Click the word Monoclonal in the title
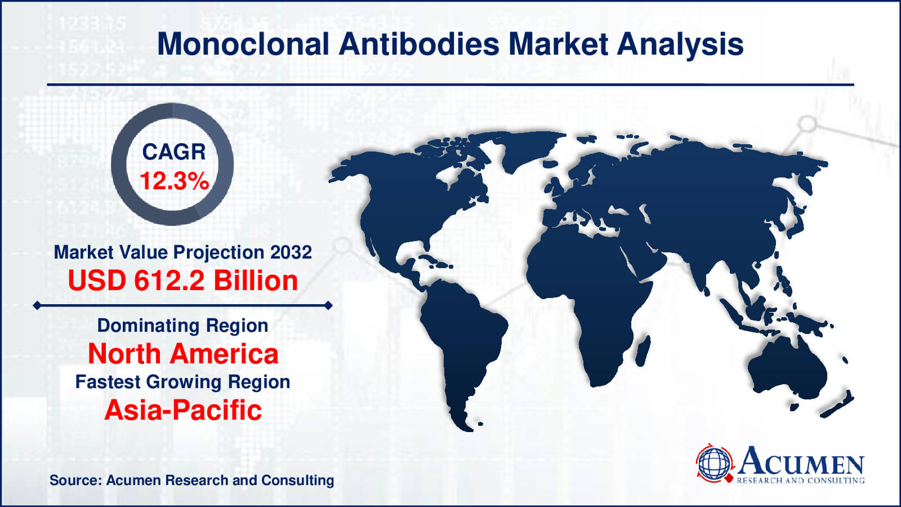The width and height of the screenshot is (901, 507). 243,44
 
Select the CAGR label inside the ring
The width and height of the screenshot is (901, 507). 173,152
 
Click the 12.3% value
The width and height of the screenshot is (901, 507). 174,181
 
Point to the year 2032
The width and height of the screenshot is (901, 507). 291,252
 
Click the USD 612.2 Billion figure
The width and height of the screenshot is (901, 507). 182,281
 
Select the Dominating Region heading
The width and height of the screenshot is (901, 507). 182,325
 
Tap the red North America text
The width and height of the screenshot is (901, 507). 183,354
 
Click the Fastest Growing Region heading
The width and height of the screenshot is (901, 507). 182,381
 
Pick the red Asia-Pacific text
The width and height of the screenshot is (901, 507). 183,410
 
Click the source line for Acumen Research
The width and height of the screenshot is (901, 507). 191,480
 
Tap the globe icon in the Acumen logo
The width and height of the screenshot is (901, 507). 714,463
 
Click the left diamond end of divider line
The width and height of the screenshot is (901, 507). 37,305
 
